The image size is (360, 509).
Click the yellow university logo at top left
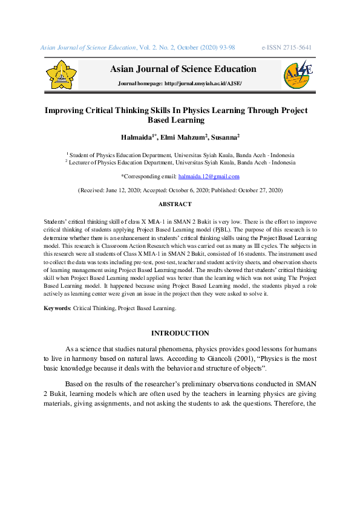(62, 75)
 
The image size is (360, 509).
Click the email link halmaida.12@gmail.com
(209, 177)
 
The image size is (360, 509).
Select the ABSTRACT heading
(180, 204)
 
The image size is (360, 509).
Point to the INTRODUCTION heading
(180, 333)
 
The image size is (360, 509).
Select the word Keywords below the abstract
(57, 308)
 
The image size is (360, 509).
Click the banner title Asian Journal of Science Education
(183, 69)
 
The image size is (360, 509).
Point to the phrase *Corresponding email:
(149, 177)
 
